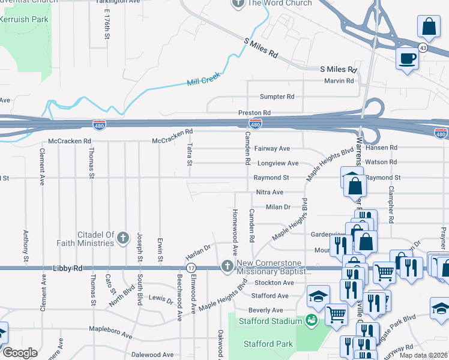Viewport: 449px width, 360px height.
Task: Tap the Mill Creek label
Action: (x=203, y=79)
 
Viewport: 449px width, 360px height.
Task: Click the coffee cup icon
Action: (x=408, y=58)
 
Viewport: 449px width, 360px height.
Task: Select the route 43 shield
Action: (x=423, y=49)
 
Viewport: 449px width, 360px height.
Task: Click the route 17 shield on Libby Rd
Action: (x=191, y=268)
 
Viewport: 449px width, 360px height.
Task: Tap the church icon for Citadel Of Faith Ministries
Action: (x=122, y=238)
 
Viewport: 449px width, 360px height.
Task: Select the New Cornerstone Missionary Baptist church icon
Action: (x=227, y=265)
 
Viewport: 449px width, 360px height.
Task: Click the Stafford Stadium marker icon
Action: (x=311, y=321)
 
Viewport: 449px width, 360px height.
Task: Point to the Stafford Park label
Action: (x=268, y=344)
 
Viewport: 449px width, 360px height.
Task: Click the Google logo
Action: (x=20, y=352)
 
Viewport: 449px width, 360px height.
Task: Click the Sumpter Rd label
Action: (x=277, y=97)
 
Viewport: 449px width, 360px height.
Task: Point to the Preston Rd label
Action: (x=255, y=112)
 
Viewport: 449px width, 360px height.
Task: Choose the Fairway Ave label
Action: (x=272, y=148)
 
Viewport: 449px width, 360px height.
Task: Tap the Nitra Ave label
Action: (x=269, y=192)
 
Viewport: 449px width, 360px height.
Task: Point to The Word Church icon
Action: (x=237, y=4)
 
